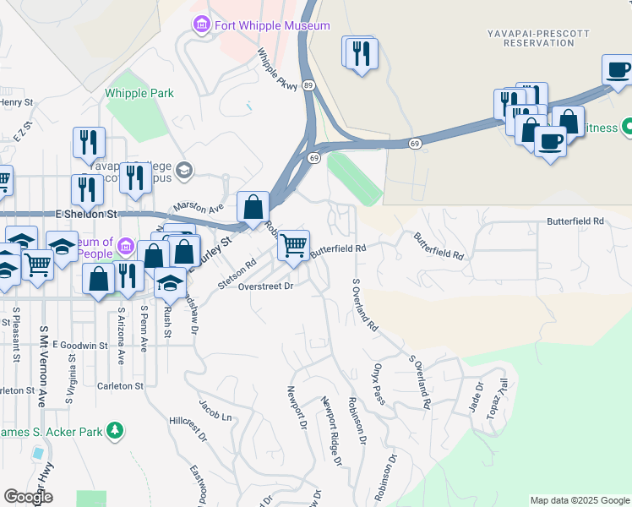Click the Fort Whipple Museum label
coord(271,26)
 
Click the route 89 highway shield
coord(309,85)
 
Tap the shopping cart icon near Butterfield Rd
coord(293,245)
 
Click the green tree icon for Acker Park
coord(115,432)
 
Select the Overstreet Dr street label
coord(265,286)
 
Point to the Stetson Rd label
coord(236,275)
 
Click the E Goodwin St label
coord(79,345)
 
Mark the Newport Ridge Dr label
coord(330,433)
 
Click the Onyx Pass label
coord(379,384)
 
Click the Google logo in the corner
coord(29,497)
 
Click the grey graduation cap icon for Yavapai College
coord(185,171)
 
